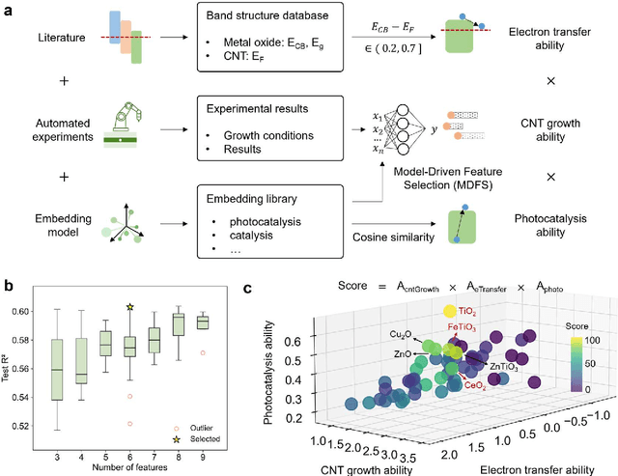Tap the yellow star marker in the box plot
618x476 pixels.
pos(130,308)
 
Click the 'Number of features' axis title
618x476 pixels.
pos(131,468)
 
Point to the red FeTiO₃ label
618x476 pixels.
pos(461,327)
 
